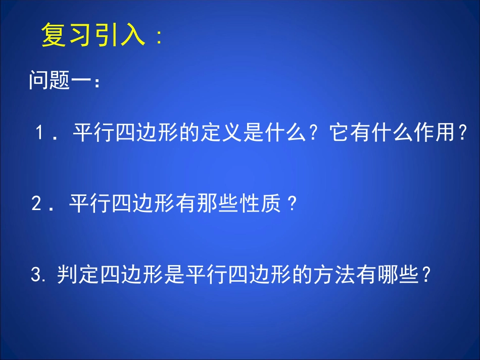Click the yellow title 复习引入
(93, 36)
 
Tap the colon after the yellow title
(160, 38)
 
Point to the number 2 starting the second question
(36, 204)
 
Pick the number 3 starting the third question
(35, 275)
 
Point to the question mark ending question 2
(291, 204)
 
